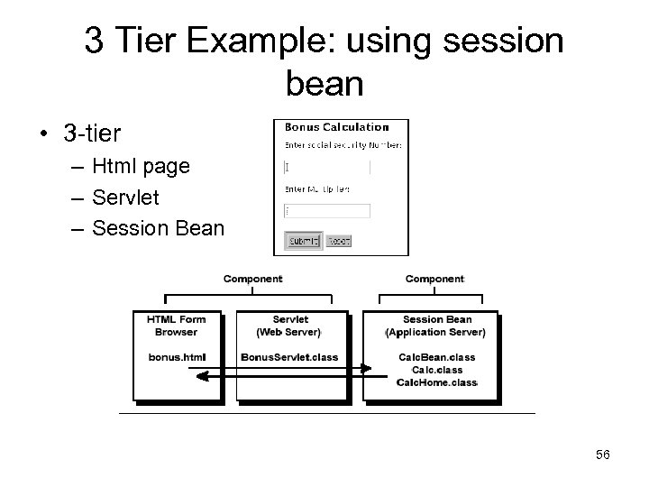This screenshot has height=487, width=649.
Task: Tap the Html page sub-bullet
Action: coord(141,166)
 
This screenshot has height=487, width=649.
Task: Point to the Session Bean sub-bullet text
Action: coord(158,228)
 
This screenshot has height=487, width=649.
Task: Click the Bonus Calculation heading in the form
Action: coord(336,127)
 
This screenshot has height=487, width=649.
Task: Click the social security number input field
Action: coord(326,168)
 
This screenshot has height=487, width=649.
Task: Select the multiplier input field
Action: coord(326,211)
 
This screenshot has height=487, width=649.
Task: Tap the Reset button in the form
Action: coord(338,241)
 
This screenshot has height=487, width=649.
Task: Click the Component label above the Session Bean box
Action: coord(434,280)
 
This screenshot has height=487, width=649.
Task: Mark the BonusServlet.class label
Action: coord(289,357)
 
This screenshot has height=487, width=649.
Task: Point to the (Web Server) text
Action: coord(289,332)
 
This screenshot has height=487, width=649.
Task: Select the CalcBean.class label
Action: coord(436,357)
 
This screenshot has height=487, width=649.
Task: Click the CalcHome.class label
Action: coord(436,382)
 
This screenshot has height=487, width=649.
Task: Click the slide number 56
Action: coord(602,455)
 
